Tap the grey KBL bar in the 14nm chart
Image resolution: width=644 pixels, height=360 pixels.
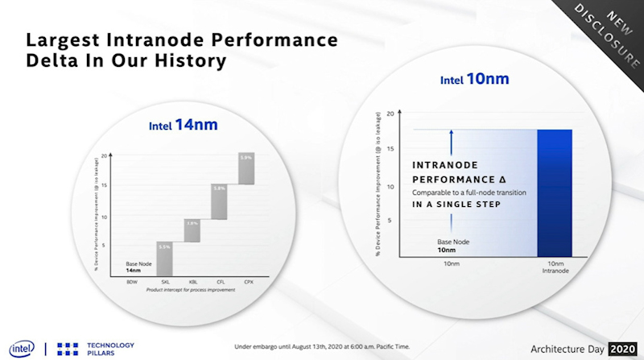(x=191, y=230)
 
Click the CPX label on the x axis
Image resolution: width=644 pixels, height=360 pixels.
(x=247, y=282)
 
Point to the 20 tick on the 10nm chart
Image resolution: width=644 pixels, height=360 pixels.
(x=390, y=114)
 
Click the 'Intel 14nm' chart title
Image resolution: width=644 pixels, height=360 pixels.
(x=183, y=126)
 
